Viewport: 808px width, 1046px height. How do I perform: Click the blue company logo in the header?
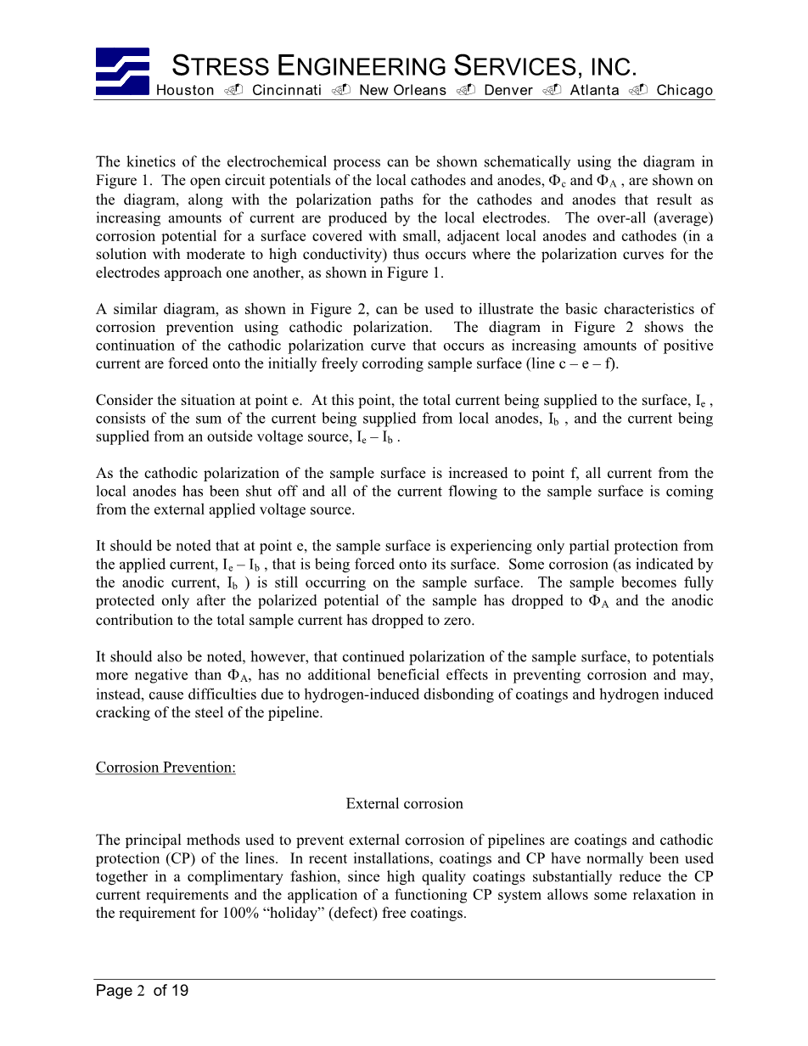(x=122, y=70)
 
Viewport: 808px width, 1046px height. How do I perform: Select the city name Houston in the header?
(x=185, y=90)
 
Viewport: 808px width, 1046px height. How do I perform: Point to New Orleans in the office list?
(x=402, y=90)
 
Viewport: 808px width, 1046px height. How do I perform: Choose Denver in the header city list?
(x=508, y=90)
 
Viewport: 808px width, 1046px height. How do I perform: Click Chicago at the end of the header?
(x=684, y=90)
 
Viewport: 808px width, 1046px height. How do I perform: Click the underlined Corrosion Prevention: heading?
(x=166, y=768)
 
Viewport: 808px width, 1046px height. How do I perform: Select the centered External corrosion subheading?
(x=404, y=804)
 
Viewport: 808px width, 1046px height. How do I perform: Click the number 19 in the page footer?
(x=179, y=991)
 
